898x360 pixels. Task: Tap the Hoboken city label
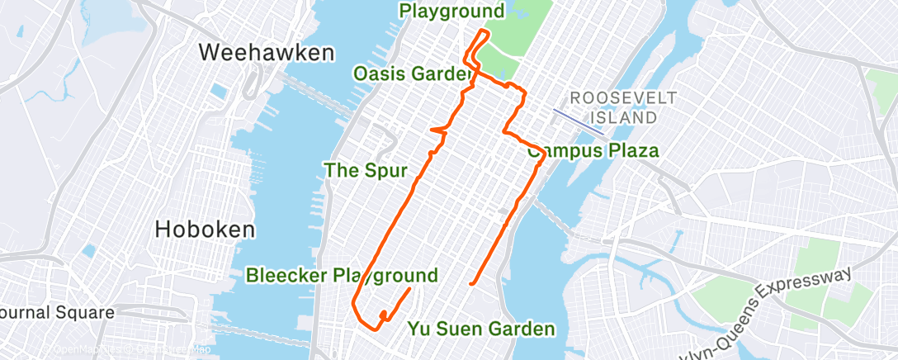point(206,230)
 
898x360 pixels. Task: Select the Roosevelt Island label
point(624,107)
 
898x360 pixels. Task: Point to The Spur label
point(366,171)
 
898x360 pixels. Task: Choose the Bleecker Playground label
point(342,275)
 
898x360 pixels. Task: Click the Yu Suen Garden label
point(481,329)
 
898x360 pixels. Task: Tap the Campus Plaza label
point(594,151)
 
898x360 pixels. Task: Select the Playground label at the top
point(451,11)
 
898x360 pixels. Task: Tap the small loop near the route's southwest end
point(384,315)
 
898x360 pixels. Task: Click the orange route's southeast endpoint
point(470,284)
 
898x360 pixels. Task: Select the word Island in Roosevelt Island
point(625,116)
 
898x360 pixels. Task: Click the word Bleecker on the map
point(286,275)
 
